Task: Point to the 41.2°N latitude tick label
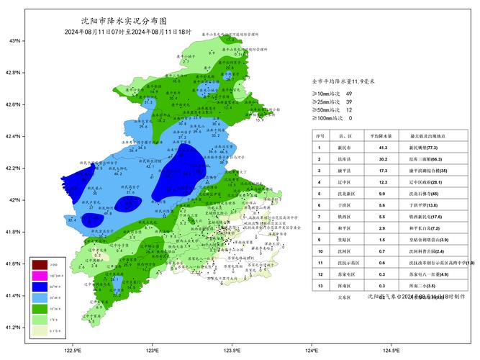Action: (x=14, y=328)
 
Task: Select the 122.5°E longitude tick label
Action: (x=73, y=351)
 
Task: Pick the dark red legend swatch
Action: (x=39, y=266)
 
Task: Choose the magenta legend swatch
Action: (x=39, y=276)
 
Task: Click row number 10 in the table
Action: (x=320, y=251)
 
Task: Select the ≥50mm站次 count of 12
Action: (x=349, y=109)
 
